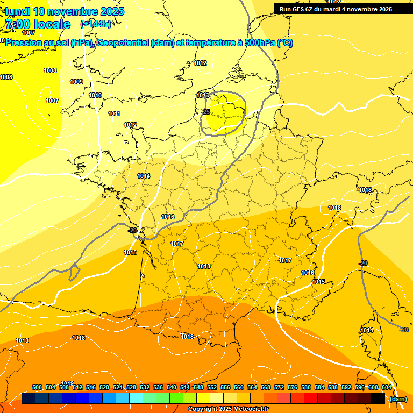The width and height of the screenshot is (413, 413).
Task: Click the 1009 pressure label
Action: point(76,82)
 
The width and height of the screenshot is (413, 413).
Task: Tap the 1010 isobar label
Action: point(95,95)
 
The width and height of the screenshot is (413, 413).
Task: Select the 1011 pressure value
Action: point(114,113)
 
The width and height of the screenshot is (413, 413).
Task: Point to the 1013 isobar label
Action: point(203,95)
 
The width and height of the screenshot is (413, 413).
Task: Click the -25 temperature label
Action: point(205,112)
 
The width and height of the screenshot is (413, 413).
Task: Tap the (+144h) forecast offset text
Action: point(96,24)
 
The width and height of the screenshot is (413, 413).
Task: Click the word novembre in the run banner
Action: point(362,9)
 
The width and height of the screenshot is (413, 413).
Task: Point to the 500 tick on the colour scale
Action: point(37,387)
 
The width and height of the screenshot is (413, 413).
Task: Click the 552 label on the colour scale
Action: point(212,387)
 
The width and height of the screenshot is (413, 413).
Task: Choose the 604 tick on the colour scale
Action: point(387,387)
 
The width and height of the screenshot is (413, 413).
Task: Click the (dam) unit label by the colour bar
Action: point(398,399)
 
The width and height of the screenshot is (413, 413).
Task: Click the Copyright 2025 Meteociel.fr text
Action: point(228,409)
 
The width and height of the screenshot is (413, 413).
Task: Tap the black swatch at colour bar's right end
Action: point(378,398)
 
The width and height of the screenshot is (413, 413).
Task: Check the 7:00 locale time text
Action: point(38,24)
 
